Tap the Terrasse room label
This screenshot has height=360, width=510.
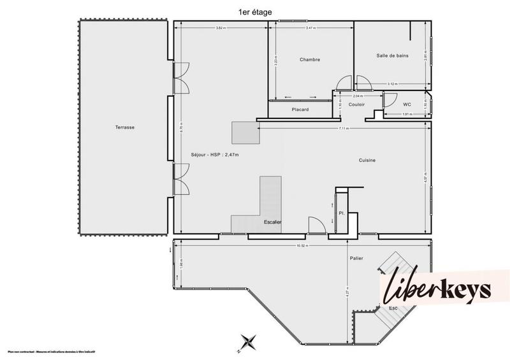tap(124, 127)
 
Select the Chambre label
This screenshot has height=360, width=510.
tap(310, 60)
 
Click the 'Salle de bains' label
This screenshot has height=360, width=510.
tap(392, 57)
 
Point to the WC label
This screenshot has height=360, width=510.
tap(407, 104)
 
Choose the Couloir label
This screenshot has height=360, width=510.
tap(356, 104)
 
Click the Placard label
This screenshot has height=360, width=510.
tap(300, 110)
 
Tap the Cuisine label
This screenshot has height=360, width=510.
tap(367, 161)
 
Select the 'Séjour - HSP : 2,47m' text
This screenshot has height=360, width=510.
tap(215, 154)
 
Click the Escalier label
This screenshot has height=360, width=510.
tap(272, 222)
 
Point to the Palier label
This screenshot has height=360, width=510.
tap(356, 258)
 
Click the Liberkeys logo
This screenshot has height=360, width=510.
tap(437, 291)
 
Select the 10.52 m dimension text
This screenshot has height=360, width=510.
tap(303, 245)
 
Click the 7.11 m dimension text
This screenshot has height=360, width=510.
tap(344, 129)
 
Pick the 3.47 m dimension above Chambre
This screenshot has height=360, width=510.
tap(310, 28)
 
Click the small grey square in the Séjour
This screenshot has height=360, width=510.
tap(245, 133)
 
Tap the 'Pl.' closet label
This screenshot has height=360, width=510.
tap(342, 213)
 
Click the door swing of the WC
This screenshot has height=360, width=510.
tap(389, 100)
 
